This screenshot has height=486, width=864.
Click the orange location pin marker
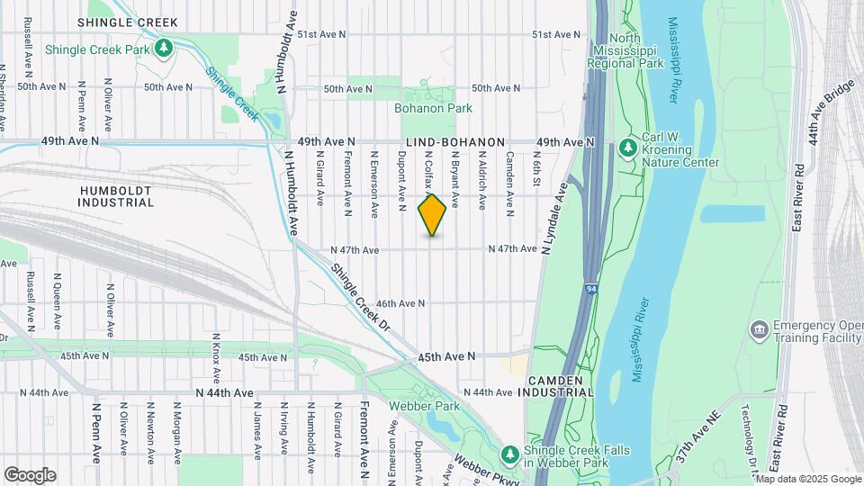pos(432,215)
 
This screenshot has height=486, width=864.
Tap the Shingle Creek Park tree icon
pos(164,46)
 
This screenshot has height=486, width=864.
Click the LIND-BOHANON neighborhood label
pos(455,142)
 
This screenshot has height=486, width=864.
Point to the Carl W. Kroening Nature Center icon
pos(629,146)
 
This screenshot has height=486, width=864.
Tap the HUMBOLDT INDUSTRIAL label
pos(117,196)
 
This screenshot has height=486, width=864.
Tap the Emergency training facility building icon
pos(759,329)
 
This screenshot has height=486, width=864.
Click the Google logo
pos(30,475)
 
